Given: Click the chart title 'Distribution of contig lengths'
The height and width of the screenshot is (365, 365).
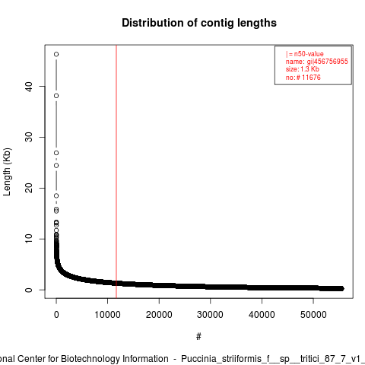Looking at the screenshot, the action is point(199,23).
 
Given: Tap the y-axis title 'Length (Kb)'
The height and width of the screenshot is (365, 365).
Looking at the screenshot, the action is point(7,172).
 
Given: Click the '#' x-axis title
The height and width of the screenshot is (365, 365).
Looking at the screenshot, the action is point(198,337).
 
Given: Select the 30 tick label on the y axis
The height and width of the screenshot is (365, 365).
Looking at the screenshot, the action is point(29,137).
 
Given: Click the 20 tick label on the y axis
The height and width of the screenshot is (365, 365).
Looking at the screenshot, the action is point(29,188).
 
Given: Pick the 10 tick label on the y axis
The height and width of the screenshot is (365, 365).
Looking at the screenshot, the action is point(29,239).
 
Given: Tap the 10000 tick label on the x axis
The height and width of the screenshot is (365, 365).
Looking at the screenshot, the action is point(107,315).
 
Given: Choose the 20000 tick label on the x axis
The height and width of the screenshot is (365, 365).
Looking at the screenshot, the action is point(159,315).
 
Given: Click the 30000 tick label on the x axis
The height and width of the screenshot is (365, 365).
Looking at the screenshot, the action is point(210,315).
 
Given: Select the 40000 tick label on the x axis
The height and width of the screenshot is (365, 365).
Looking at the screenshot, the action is point(262,315).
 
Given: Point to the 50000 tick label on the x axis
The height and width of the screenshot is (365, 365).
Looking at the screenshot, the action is point(313,315).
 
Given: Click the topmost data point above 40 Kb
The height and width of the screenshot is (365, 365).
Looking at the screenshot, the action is point(56,54).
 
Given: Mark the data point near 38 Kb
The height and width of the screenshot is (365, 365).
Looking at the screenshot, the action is point(56,96).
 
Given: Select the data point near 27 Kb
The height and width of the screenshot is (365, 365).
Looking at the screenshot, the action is point(56,153).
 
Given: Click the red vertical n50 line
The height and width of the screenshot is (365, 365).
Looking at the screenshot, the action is point(116,171).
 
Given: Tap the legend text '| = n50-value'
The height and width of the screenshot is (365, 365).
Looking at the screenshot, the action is point(305,54).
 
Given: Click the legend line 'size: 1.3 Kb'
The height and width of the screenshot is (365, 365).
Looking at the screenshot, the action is point(303,69).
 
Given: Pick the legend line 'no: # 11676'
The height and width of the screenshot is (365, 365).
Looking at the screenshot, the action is point(303,78).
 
